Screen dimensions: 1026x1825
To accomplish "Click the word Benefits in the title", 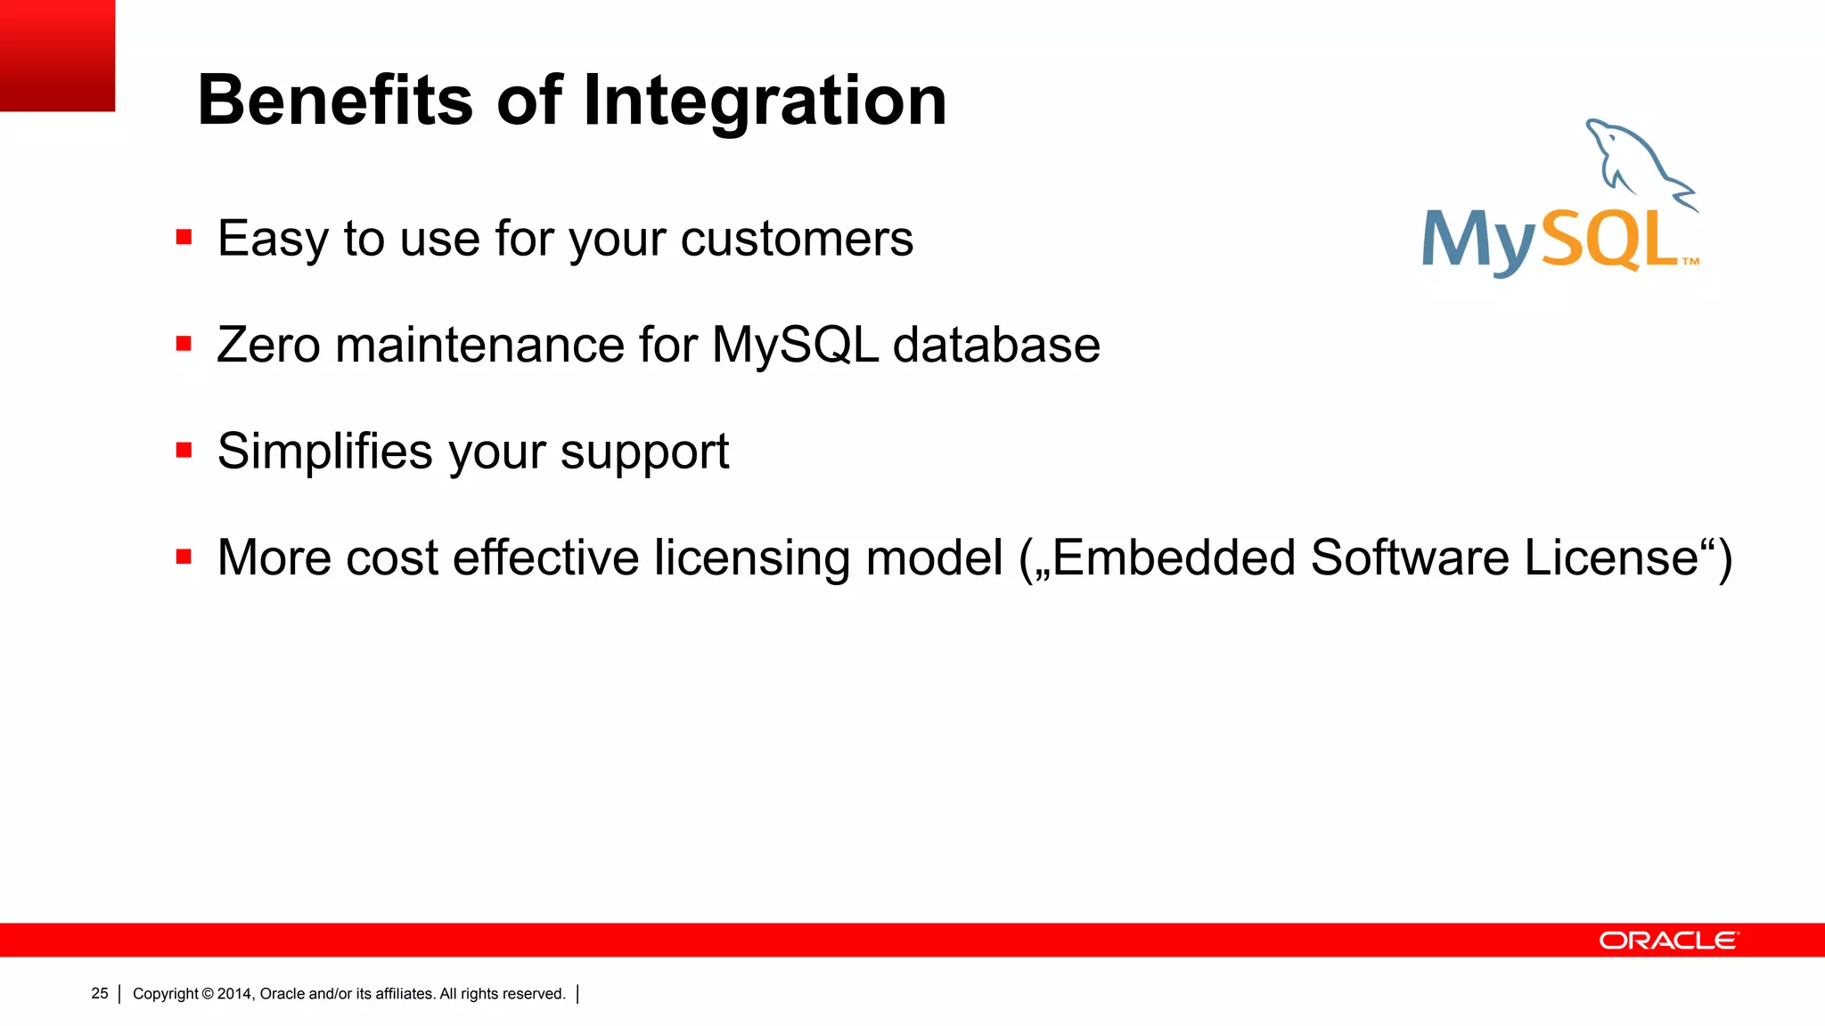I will [x=335, y=100].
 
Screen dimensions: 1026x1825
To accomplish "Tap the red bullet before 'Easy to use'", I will [x=184, y=237].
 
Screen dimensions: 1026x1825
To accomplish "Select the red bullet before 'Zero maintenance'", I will [x=184, y=344].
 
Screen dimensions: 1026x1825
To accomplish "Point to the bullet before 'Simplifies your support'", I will [x=184, y=451].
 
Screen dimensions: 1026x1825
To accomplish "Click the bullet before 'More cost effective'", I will [x=184, y=558].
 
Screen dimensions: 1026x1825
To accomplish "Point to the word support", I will [x=644, y=454].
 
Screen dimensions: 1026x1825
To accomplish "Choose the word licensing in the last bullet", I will [x=752, y=559].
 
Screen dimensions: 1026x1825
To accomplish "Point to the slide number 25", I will [x=100, y=993].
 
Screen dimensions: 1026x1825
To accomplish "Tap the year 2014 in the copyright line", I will [x=235, y=994].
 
